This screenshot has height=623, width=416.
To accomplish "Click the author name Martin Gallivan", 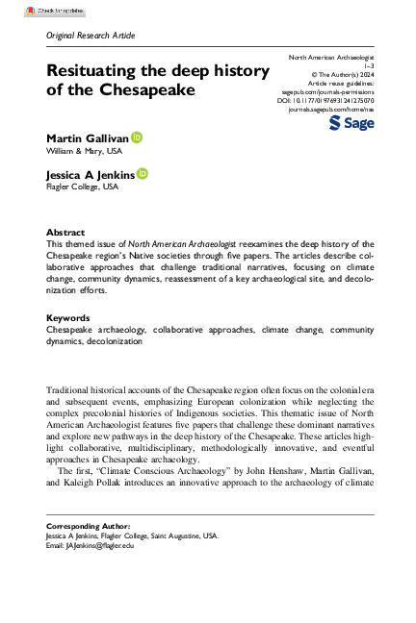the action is pos(88,139).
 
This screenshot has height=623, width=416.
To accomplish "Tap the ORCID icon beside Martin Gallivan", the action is pos(137,139).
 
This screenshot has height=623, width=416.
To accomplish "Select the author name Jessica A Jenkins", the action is pos(91,174).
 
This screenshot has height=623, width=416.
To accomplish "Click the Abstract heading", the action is pos(65,233).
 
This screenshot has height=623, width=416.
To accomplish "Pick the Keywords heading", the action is pos(67,317).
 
